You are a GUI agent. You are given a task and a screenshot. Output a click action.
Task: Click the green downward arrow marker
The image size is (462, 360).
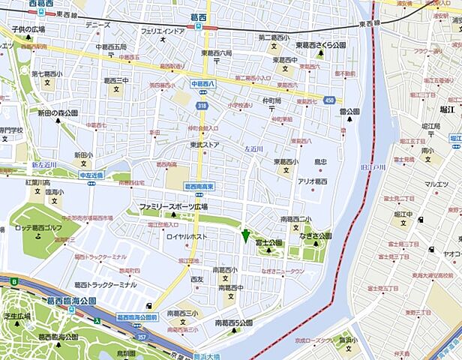pos(245,235)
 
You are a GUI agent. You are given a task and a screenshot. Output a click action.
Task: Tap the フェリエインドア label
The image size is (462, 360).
pos(162,31)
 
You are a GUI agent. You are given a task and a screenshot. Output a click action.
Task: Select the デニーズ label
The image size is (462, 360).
pos(97,25)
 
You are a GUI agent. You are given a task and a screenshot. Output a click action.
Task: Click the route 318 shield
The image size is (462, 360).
pos(202,106)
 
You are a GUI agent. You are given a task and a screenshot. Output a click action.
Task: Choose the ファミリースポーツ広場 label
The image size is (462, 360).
pos(173,205)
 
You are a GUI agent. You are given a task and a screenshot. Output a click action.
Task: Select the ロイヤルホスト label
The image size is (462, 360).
pos(187,236)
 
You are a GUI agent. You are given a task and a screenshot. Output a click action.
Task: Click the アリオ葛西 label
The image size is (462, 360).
pos(313,181)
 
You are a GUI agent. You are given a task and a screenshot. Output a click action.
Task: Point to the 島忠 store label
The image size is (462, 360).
pos(321,161)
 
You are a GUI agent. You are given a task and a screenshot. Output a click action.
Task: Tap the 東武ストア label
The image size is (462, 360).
pos(204,145)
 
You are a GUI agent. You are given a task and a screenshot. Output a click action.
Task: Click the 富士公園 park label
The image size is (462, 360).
pos(268,243)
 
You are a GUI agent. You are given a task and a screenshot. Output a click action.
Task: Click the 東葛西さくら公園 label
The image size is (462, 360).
pos(321,45)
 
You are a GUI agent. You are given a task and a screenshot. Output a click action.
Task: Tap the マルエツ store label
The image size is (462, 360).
pos(436,184)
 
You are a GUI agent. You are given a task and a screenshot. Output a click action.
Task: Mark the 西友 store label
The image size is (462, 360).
pos(197,279)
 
